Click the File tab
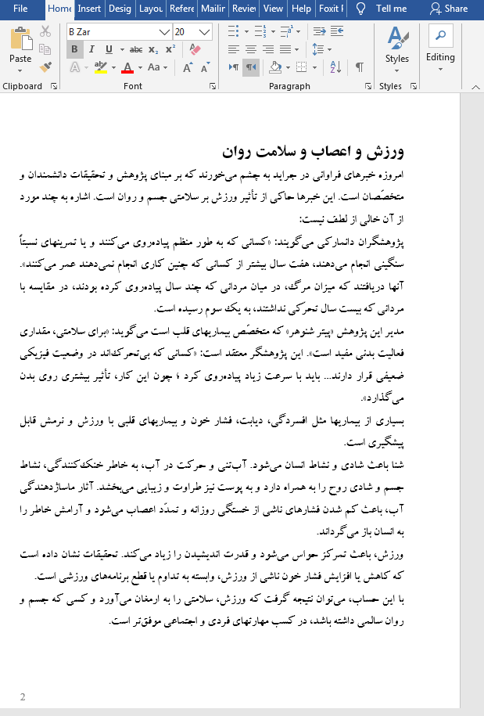click(x=20, y=9)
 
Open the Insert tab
click(x=89, y=9)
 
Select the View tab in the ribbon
click(x=273, y=9)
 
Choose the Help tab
click(x=300, y=9)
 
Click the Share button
click(x=449, y=9)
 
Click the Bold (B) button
click(x=74, y=49)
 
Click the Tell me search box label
click(x=391, y=9)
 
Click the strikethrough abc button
click(x=136, y=49)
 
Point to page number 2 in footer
click(x=23, y=696)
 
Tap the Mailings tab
click(x=213, y=9)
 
